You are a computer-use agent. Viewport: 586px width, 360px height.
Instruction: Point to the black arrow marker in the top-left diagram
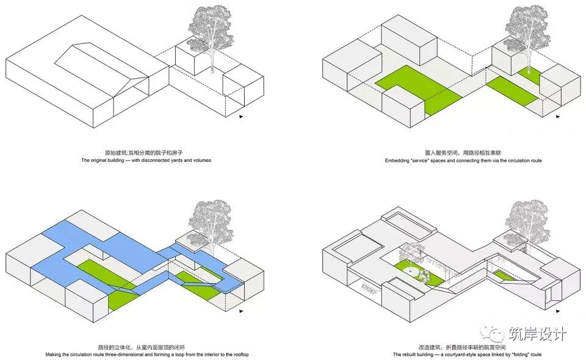pos(242,116)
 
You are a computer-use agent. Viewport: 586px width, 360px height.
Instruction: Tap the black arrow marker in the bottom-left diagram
pos(242,311)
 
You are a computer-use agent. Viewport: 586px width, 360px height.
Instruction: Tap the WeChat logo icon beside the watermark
pos(492,333)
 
